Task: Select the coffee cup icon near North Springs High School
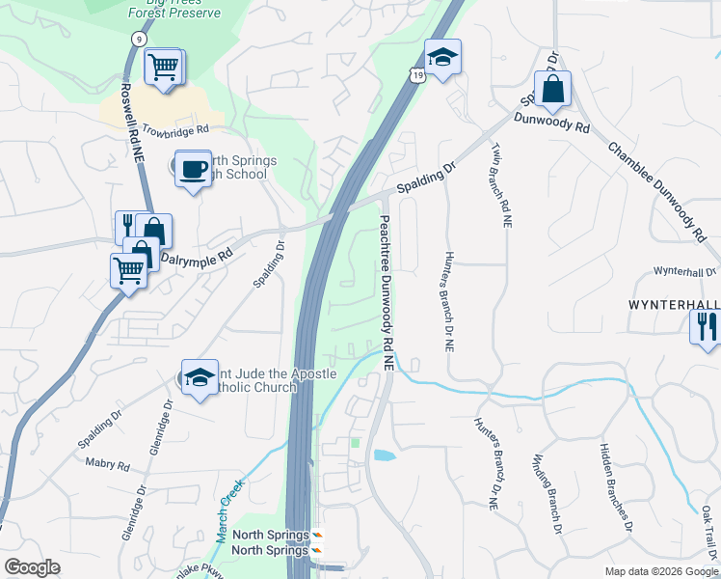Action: pyautogui.click(x=193, y=168)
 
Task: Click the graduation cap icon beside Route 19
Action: pyautogui.click(x=442, y=57)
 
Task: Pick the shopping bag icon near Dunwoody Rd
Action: pyautogui.click(x=552, y=90)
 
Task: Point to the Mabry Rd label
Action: pyautogui.click(x=107, y=464)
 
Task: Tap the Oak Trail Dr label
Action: pyautogui.click(x=708, y=531)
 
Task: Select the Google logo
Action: pyautogui.click(x=32, y=567)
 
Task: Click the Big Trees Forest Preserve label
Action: pyautogui.click(x=174, y=10)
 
